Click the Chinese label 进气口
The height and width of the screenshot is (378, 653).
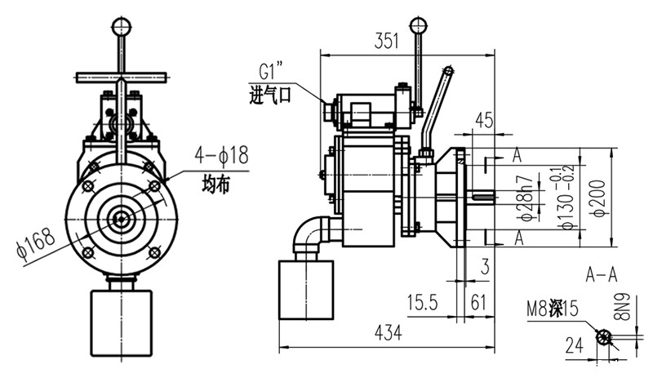270,96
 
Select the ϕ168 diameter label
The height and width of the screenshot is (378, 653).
29,242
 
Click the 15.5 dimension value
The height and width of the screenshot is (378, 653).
423,303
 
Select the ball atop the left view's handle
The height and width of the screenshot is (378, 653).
121,24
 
